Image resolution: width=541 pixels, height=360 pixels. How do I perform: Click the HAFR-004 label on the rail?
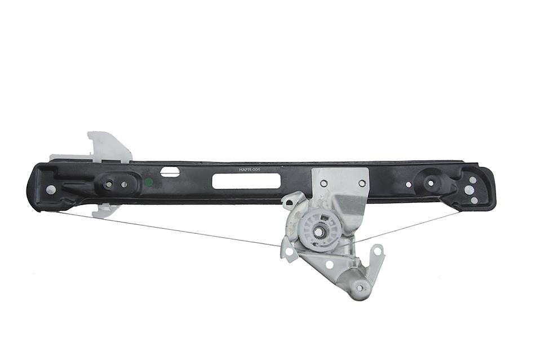pos(249,170)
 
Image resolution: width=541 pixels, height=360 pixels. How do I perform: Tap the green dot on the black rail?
pos(149,182)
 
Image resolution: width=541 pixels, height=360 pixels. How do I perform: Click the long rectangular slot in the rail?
pos(246,181)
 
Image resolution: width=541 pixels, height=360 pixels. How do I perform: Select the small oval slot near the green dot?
pos(170,172)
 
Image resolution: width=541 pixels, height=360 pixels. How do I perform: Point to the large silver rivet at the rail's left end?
pos(51,189)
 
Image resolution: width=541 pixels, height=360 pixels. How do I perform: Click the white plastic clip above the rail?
pos(109,147)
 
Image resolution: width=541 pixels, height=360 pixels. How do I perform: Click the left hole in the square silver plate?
pos(323,183)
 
